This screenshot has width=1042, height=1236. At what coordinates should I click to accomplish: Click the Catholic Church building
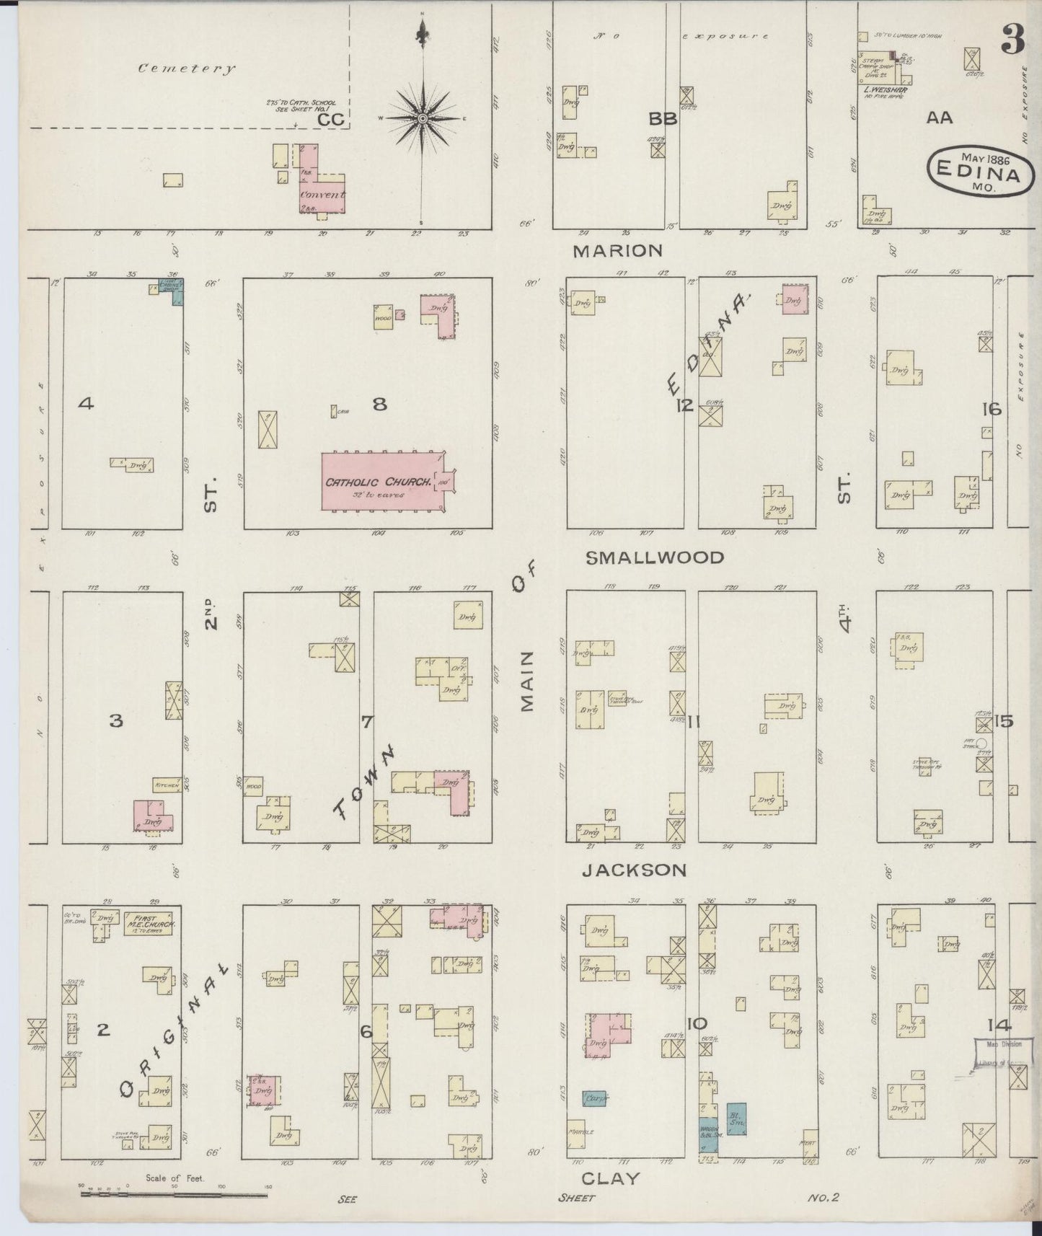[382, 481]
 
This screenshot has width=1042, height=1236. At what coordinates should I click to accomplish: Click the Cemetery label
[187, 69]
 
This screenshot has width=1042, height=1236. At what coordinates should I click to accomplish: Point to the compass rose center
[422, 118]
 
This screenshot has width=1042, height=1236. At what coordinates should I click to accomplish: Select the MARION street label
[617, 251]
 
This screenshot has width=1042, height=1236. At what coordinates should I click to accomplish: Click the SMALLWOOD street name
[654, 557]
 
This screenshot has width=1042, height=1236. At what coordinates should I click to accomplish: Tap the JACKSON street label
[634, 870]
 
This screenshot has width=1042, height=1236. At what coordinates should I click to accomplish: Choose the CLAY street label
[610, 1178]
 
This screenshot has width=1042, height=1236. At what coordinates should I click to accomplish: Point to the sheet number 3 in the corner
[1012, 43]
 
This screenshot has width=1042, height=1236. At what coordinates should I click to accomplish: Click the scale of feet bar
[173, 1194]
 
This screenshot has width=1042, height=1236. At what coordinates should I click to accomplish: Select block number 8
[379, 405]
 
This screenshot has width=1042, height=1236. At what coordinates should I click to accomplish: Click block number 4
[86, 404]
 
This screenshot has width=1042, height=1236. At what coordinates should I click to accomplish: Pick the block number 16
[992, 410]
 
